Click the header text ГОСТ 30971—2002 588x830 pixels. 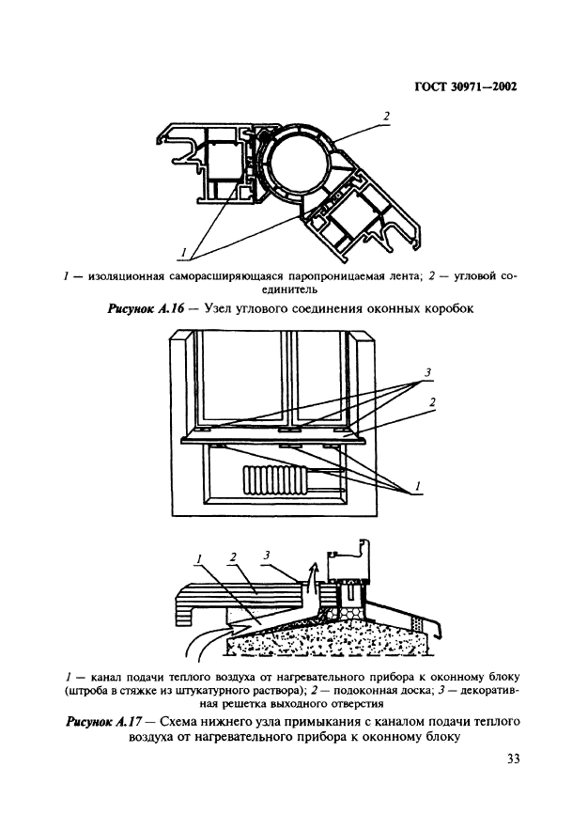click(465, 86)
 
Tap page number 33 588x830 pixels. click(513, 760)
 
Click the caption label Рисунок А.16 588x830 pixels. click(146, 308)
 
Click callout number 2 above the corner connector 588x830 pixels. click(387, 117)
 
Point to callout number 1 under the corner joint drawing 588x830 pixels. click(183, 253)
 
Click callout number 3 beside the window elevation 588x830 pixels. click(427, 373)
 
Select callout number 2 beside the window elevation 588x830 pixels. click(432, 403)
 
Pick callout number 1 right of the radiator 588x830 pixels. click(418, 485)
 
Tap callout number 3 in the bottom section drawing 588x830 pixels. click(267, 556)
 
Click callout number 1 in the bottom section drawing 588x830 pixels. click(199, 559)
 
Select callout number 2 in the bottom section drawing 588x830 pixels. click(233, 556)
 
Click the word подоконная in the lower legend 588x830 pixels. click(368, 691)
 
